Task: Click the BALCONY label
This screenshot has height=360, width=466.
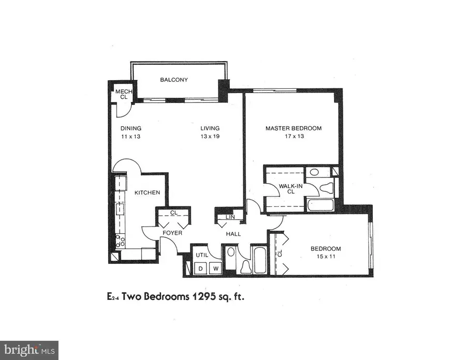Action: coord(174,80)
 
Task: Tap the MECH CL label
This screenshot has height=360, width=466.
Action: coord(123,94)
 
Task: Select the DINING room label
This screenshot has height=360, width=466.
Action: coord(131,129)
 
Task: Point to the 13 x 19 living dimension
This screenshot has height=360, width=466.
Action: coord(211,137)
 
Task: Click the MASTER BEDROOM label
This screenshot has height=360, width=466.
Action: coord(294,128)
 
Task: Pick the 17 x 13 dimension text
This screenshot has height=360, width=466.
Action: coord(293,137)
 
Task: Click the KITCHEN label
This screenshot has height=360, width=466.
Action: coord(148,193)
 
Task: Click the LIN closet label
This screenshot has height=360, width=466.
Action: coord(229,217)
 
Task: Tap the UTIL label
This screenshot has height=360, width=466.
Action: coord(202,254)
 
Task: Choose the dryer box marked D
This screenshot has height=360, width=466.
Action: coord(200,268)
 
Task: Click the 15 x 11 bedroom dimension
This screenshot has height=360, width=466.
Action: coord(326,257)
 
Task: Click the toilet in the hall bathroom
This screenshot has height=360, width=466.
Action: coord(246,266)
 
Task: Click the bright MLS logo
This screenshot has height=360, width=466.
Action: coord(29,350)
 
